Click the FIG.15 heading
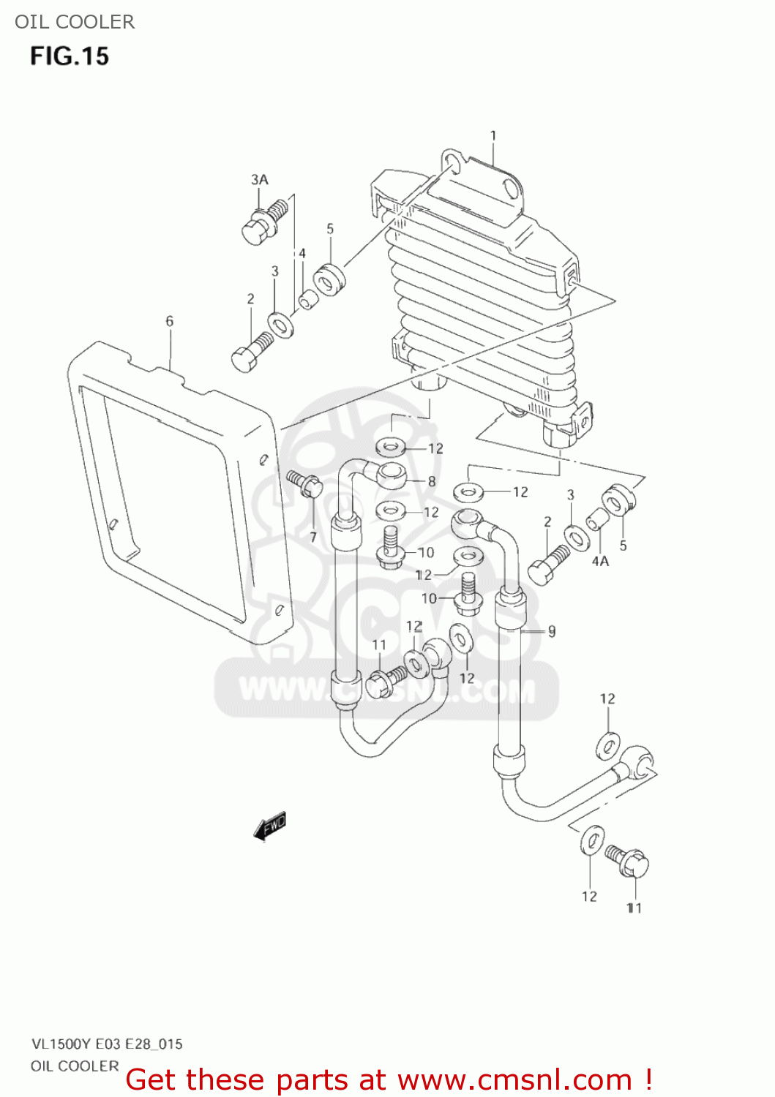pyautogui.click(x=70, y=56)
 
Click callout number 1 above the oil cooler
pyautogui.click(x=493, y=135)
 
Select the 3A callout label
pyautogui.click(x=260, y=179)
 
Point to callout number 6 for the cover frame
pyautogui.click(x=170, y=320)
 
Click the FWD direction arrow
pyautogui.click(x=269, y=826)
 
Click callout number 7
pyautogui.click(x=313, y=538)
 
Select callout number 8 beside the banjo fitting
pyautogui.click(x=432, y=481)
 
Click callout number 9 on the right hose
pyautogui.click(x=552, y=630)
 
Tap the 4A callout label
pyautogui.click(x=600, y=561)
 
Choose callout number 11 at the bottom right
pyautogui.click(x=634, y=908)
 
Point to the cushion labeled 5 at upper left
pyautogui.click(x=329, y=279)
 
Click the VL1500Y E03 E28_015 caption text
pyautogui.click(x=107, y=1044)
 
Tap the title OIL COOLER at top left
pyautogui.click(x=75, y=22)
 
